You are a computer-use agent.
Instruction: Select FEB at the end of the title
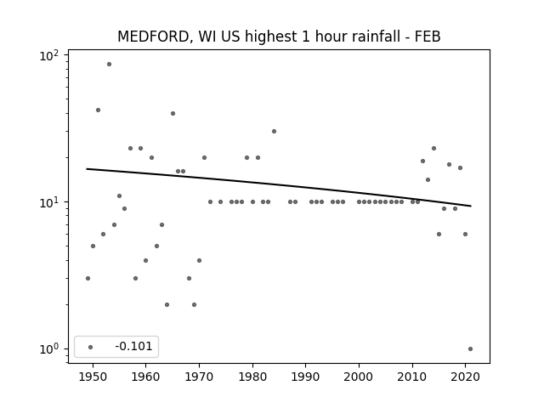click(x=428, y=37)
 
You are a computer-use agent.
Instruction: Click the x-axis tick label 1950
click(x=93, y=377)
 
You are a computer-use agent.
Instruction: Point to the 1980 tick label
click(x=252, y=377)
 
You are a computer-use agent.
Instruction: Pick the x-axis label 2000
click(x=359, y=377)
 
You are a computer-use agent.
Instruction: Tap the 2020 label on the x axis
click(x=466, y=377)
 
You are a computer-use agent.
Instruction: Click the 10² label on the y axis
click(x=49, y=55)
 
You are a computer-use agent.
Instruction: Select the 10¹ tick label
click(x=49, y=202)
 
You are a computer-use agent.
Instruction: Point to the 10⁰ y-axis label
click(x=49, y=349)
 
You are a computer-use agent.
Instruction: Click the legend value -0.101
click(x=133, y=346)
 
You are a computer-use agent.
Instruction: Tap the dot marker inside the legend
click(x=91, y=347)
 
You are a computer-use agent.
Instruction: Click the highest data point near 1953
click(x=109, y=65)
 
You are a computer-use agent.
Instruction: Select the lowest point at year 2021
click(x=470, y=349)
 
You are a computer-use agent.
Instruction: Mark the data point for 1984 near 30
click(x=274, y=131)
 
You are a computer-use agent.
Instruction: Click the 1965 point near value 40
click(x=173, y=113)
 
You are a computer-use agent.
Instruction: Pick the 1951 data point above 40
click(x=99, y=110)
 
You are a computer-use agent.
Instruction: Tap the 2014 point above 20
click(x=433, y=149)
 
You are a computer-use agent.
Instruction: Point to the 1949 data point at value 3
click(x=88, y=278)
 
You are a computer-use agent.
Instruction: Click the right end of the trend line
click(x=471, y=206)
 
